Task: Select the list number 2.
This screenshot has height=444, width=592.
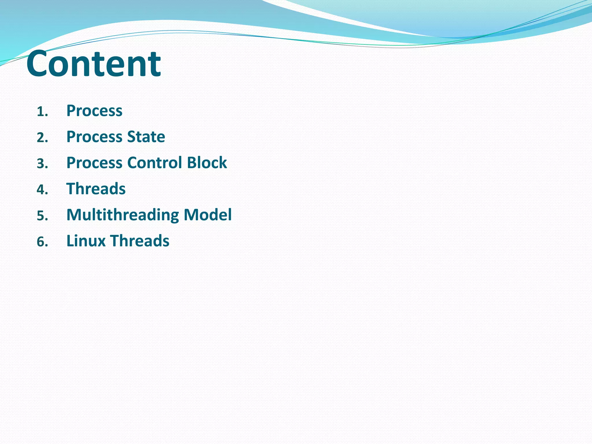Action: point(41,138)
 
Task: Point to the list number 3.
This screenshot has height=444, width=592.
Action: point(41,164)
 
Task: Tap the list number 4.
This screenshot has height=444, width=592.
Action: point(41,190)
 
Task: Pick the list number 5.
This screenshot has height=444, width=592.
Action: point(41,216)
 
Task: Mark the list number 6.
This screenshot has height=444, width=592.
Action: point(41,242)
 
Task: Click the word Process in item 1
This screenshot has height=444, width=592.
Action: point(94,111)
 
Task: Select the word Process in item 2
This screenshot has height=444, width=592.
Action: point(94,137)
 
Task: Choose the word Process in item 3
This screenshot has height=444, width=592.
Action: point(94,163)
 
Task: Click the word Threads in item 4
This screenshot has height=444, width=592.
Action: point(96,189)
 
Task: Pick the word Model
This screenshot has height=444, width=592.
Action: point(208,215)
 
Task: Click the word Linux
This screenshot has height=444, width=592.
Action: point(86,241)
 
